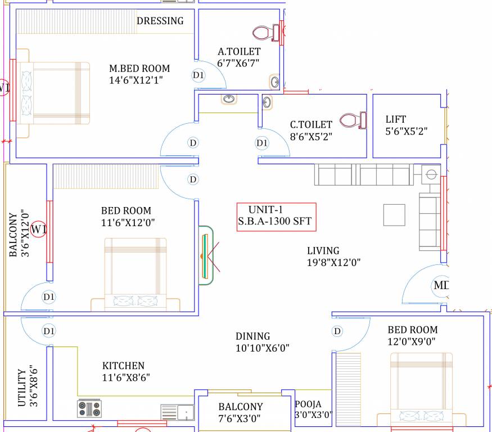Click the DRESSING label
[x=160, y=21]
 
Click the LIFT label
[x=395, y=119]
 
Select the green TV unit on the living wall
[x=206, y=255]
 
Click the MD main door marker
[x=441, y=286]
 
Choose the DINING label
[x=252, y=336]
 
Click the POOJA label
[x=308, y=404]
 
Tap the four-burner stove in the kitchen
[x=89, y=408]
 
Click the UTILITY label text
[x=21, y=388]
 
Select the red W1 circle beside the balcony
[x=38, y=229]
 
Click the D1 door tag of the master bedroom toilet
[x=198, y=75]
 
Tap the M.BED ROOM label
[x=139, y=69]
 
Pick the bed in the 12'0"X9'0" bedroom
[x=421, y=388]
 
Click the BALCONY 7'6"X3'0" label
[x=241, y=412]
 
